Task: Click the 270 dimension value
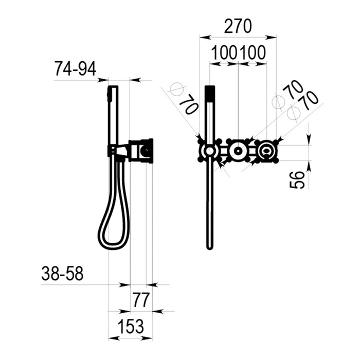pos(238,26)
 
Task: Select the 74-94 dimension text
pos(75,69)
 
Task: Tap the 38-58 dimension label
pos(62,274)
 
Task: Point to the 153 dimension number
pos(131,326)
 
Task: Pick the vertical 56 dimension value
pos(297,180)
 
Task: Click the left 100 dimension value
pos(224,53)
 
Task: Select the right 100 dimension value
pos(253,53)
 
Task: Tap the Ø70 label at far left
pos(184,99)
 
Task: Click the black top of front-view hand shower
pos(210,94)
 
